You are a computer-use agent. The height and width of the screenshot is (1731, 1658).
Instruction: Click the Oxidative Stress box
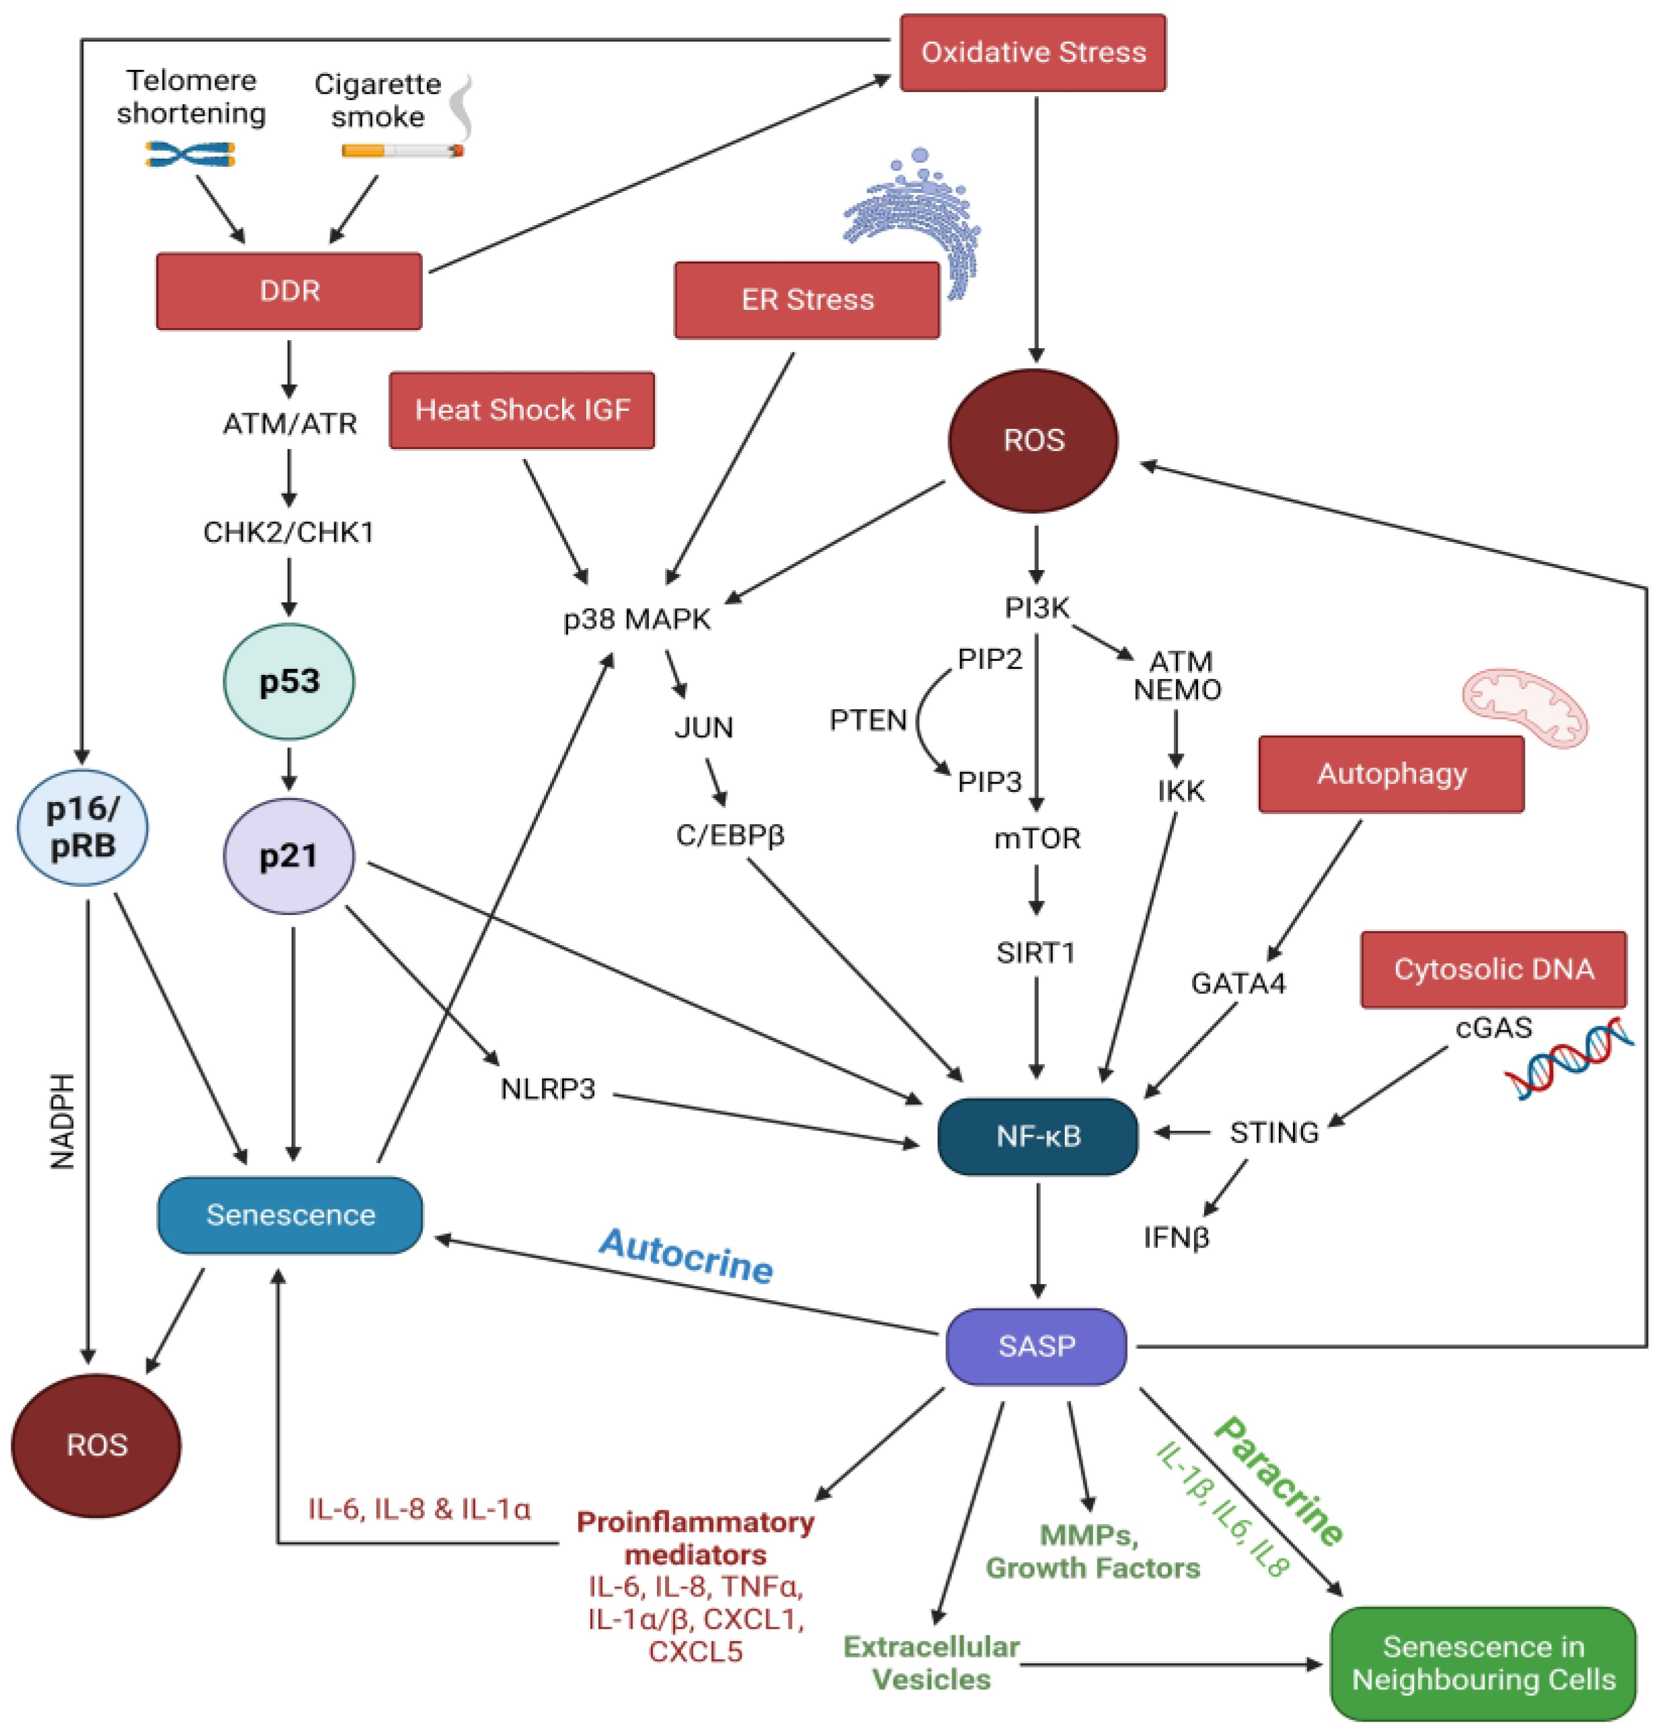pyautogui.click(x=1032, y=53)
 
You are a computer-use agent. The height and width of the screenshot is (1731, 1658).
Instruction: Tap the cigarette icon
pyautogui.click(x=402, y=151)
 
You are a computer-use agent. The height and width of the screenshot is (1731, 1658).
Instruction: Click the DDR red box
pyautogui.click(x=289, y=292)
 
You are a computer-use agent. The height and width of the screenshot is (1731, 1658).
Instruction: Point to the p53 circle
pyautogui.click(x=289, y=681)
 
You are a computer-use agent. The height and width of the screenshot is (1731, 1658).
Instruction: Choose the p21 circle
pyautogui.click(x=289, y=855)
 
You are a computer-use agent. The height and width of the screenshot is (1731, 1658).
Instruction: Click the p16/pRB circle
pyautogui.click(x=82, y=828)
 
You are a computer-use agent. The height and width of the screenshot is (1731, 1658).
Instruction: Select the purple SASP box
pyautogui.click(x=1036, y=1346)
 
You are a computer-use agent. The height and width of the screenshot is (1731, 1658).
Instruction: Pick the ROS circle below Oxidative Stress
pyautogui.click(x=1033, y=440)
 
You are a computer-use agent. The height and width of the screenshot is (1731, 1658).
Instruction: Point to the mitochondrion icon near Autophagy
pyautogui.click(x=1524, y=707)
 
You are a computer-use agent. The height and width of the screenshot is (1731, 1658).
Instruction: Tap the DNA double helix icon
pyautogui.click(x=1568, y=1057)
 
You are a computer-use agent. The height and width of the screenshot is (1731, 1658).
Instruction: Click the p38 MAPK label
pyautogui.click(x=637, y=619)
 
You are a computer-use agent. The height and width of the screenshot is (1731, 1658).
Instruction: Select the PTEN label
pyautogui.click(x=867, y=721)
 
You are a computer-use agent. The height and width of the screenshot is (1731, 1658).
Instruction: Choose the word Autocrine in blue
pyautogui.click(x=686, y=1256)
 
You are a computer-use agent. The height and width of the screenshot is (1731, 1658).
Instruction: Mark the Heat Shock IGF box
pyautogui.click(x=522, y=411)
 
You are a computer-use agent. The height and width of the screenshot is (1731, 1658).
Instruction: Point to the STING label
pyautogui.click(x=1273, y=1132)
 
